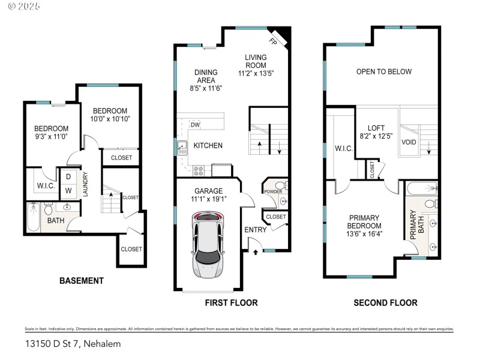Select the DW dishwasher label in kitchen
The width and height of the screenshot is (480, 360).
coord(195,125)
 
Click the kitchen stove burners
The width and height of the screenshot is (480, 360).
coord(199,170)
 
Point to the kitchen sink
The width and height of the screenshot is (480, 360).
coord(182,145)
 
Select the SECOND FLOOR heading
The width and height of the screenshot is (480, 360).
coord(385,303)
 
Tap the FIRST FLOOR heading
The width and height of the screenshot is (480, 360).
coord(232,303)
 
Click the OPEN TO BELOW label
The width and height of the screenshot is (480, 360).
coord(384,71)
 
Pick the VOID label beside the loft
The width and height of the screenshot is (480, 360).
coord(409,142)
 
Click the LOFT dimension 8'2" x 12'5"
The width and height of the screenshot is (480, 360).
coord(376,137)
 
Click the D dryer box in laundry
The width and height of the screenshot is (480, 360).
coord(68,176)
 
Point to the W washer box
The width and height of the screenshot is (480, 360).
coord(68,191)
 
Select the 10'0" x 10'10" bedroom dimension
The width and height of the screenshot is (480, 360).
coord(110,119)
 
